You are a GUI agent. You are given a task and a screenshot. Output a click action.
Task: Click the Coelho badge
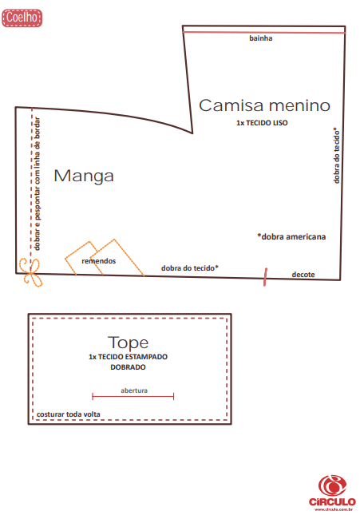click(x=22, y=18)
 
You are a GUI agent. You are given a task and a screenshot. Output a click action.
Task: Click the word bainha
click(x=260, y=38)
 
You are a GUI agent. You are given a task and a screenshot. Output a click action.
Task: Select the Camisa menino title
click(x=264, y=105)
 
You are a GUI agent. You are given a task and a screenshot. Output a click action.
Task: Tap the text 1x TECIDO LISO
click(x=262, y=123)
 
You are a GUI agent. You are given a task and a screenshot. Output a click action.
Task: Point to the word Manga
click(x=84, y=176)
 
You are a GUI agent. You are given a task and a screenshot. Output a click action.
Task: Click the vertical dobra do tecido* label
click(x=336, y=156)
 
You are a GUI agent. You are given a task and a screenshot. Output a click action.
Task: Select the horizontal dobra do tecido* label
click(x=189, y=268)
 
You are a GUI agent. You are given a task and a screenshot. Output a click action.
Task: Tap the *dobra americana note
click(x=291, y=237)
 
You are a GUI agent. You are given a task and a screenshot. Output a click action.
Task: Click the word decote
click(x=303, y=274)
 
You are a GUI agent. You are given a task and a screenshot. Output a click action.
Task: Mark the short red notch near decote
click(x=265, y=277)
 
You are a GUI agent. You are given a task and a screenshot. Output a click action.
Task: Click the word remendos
click(x=98, y=261)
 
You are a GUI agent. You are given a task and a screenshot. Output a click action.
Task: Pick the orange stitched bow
click(x=31, y=272)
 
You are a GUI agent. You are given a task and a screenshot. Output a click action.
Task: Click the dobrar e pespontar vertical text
click(x=38, y=184)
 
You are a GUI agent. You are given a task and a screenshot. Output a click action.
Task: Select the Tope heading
click(x=128, y=343)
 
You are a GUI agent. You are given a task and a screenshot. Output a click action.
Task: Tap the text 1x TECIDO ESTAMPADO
click(x=128, y=357)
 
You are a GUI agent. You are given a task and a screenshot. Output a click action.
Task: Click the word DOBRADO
click(x=128, y=367)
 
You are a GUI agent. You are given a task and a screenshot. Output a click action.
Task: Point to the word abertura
click(x=134, y=390)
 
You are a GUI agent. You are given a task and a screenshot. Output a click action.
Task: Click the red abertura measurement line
click(x=133, y=397)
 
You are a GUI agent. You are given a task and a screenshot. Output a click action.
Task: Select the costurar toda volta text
click(x=69, y=414)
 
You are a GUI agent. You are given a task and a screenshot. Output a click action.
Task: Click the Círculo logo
click(x=332, y=493)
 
